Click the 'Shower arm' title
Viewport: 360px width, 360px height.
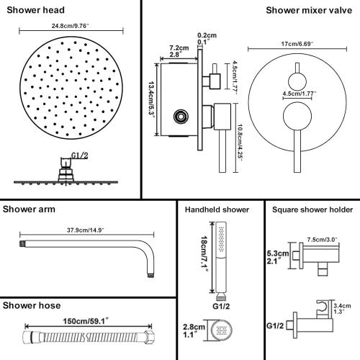(29, 210)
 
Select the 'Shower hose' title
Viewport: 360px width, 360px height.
(31, 306)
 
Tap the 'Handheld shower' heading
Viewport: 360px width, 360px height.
(217, 210)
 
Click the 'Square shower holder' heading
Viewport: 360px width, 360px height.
(310, 210)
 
